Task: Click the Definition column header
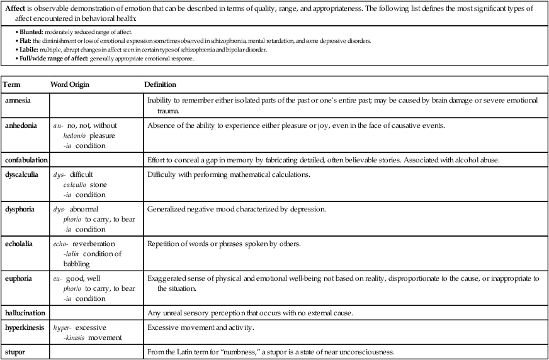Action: tap(160, 84)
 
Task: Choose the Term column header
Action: tap(12, 84)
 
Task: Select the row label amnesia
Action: tap(19, 100)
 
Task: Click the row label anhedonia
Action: tap(21, 125)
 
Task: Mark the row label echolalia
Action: tap(21, 243)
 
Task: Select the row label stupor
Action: tap(15, 352)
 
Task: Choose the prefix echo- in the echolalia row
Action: tap(62, 244)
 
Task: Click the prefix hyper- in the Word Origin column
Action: tap(63, 328)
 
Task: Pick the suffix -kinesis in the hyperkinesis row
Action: tap(77, 338)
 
